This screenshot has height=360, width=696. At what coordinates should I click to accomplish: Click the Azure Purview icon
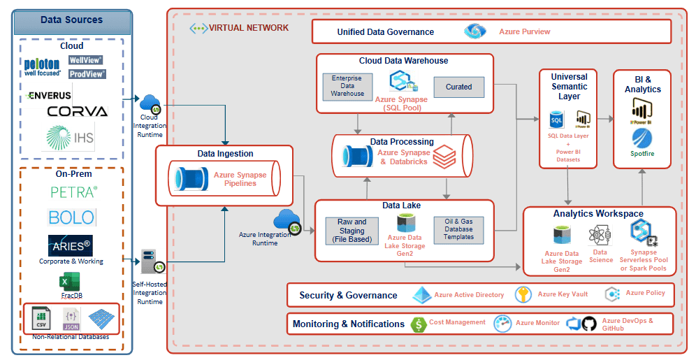[475, 31]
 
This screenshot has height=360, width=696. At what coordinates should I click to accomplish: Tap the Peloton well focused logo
[42, 66]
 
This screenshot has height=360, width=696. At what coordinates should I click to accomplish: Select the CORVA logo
[78, 111]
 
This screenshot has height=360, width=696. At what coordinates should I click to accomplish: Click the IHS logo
[68, 137]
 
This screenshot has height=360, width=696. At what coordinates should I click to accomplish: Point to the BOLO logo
[71, 217]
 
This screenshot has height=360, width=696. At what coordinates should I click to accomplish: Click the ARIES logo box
[71, 245]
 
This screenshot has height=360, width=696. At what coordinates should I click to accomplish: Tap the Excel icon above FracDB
[68, 282]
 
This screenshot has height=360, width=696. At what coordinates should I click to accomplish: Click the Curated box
[458, 87]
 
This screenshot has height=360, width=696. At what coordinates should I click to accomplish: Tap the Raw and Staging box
[351, 231]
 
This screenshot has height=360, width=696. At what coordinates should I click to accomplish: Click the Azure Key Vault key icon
[523, 295]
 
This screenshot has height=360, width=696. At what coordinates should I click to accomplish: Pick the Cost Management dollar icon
[419, 324]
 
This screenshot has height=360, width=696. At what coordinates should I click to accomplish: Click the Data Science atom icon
[599, 236]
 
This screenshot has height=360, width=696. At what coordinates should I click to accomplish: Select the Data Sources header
[71, 21]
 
